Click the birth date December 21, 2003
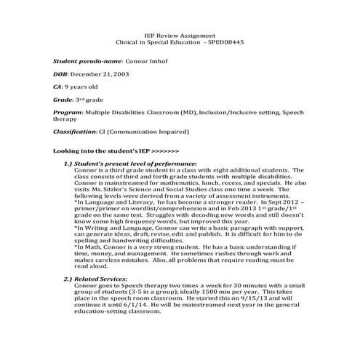pyautogui.click(x=101, y=76)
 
